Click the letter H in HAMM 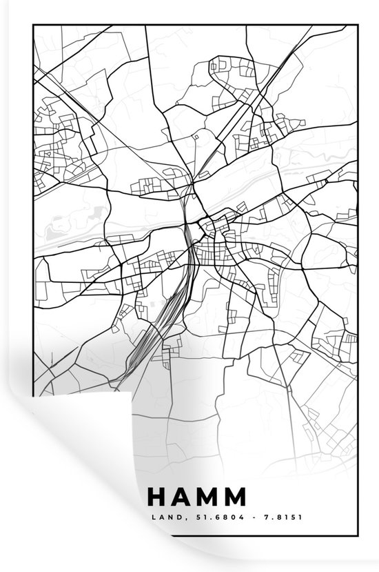point(156,498)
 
